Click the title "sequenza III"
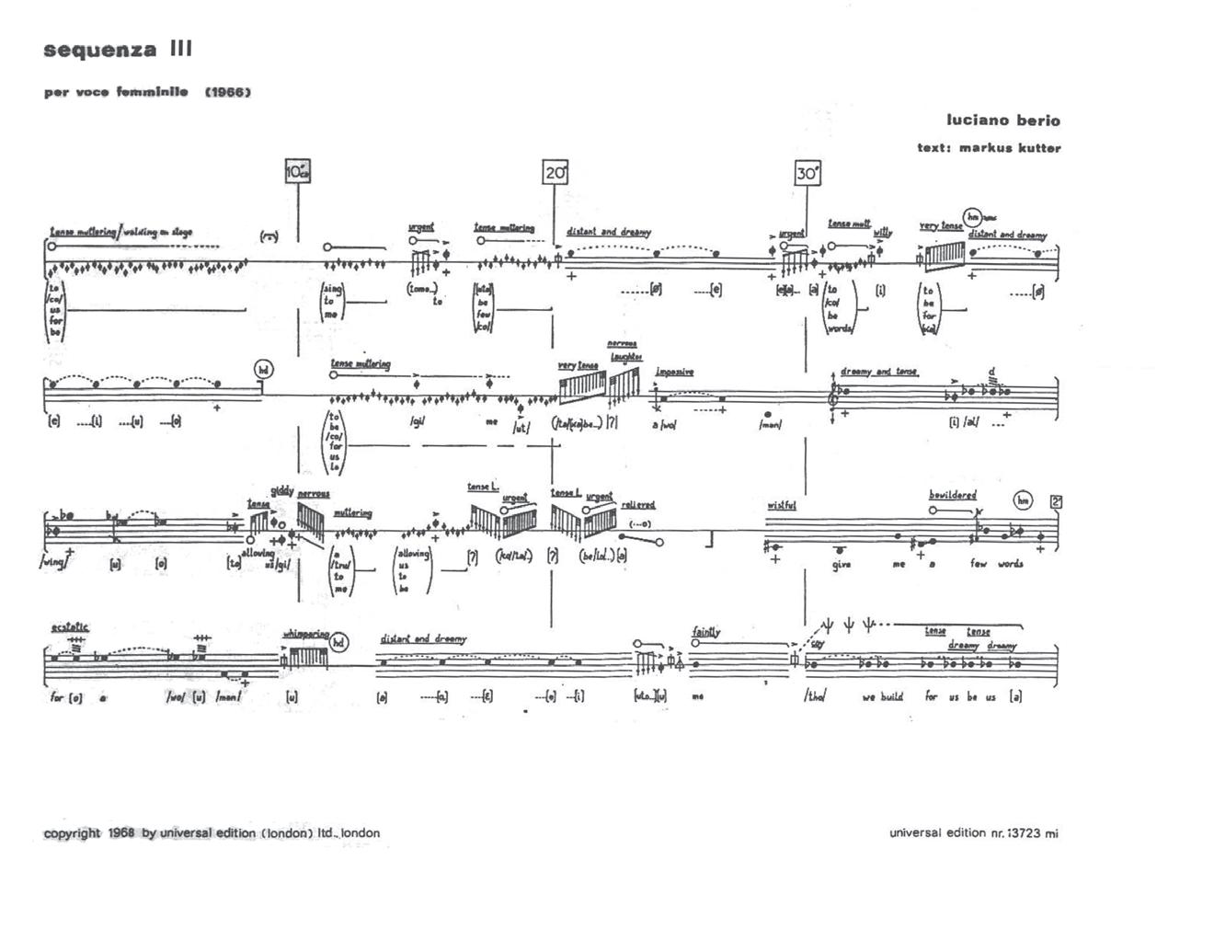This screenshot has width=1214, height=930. [x=118, y=50]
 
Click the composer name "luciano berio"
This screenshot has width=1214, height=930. [x=1002, y=121]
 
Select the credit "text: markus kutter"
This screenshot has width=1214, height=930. [x=989, y=148]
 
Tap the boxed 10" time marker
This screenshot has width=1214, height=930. [x=298, y=171]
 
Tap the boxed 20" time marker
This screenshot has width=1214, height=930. [x=555, y=172]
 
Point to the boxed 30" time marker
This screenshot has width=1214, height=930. [x=807, y=173]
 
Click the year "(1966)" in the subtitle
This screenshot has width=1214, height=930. [x=228, y=92]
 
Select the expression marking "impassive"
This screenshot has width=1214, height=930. [x=674, y=372]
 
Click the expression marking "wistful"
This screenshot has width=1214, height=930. [x=781, y=505]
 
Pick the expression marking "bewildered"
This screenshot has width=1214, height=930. [x=952, y=495]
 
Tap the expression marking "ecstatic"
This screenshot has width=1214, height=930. [x=70, y=626]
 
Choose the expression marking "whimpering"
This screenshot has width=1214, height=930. [x=305, y=634]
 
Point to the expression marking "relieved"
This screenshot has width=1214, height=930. [x=637, y=504]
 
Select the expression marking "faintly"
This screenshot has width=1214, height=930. [x=706, y=632]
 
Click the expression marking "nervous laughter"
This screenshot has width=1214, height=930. [x=625, y=350]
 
